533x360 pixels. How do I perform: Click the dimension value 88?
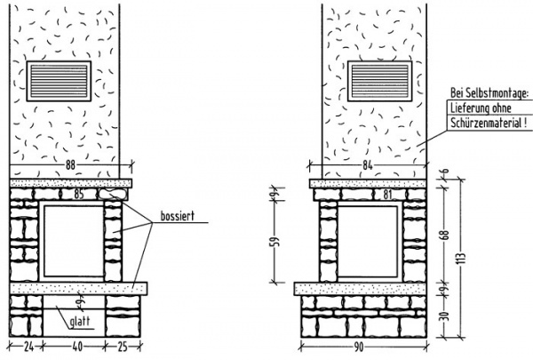click(x=70, y=165)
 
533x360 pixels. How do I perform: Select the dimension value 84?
click(x=368, y=165)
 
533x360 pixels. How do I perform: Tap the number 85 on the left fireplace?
click(x=79, y=194)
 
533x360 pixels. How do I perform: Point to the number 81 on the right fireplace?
click(x=387, y=195)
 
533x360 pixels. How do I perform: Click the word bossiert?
click(x=178, y=216)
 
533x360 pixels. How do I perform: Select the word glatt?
click(x=80, y=321)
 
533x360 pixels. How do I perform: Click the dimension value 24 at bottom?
click(x=29, y=347)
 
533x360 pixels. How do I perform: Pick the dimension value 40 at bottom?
click(x=77, y=347)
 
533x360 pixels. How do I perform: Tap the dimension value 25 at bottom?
click(x=123, y=347)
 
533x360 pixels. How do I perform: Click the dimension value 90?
click(x=359, y=347)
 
